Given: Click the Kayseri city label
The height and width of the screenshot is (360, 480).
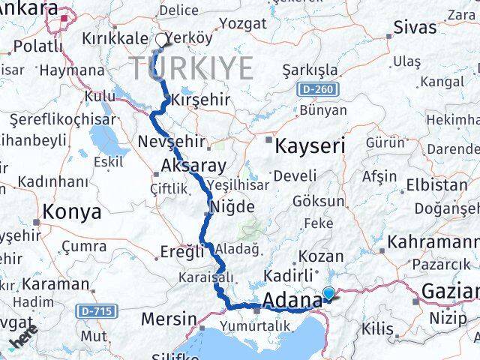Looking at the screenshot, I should pos(310,145).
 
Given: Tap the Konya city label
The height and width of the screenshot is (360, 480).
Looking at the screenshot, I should pos(72,211).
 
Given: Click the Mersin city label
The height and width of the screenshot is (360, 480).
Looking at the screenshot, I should pos(171,319).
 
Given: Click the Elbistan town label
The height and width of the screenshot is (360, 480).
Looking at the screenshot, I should pos(436,184).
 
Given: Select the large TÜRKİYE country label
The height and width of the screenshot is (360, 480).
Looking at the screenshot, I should pos(193,69).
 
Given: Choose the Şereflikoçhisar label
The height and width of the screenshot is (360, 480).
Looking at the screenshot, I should pos(63,119).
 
